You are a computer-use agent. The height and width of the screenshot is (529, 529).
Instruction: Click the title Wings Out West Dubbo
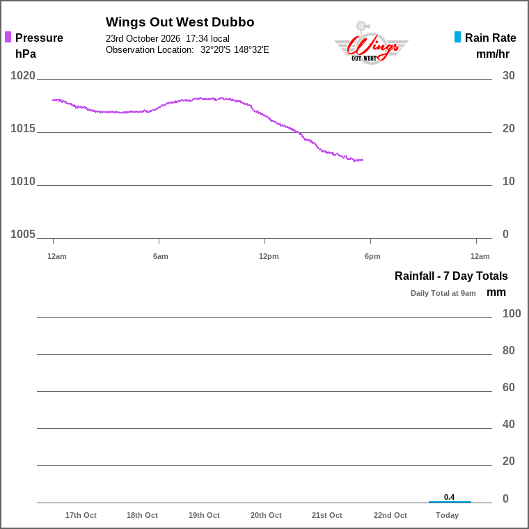pyautogui.click(x=180, y=22)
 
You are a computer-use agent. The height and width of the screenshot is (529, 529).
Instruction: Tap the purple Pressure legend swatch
pyautogui.click(x=8, y=37)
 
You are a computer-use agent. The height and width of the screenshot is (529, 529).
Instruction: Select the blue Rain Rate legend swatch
pyautogui.click(x=457, y=37)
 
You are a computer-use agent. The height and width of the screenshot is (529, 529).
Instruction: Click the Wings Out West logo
pyautogui.click(x=371, y=43)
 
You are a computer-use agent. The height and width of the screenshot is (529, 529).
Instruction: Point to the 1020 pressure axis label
pyautogui.click(x=22, y=76)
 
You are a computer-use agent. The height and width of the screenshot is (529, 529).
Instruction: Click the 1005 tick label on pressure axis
pyautogui.click(x=22, y=234)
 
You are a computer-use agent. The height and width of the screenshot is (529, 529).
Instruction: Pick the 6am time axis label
pyautogui.click(x=160, y=256)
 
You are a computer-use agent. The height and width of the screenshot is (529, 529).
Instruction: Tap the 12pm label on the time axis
pyautogui.click(x=269, y=256)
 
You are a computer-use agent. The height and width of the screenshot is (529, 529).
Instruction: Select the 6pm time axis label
pyautogui.click(x=372, y=256)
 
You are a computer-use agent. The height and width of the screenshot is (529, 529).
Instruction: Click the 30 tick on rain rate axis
pyautogui.click(x=508, y=76)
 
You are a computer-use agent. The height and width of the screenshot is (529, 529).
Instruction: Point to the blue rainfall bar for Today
pyautogui.click(x=450, y=502)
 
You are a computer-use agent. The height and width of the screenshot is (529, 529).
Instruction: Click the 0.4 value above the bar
pyautogui.click(x=449, y=497)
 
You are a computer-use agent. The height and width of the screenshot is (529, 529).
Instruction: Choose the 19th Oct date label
pyautogui.click(x=204, y=515)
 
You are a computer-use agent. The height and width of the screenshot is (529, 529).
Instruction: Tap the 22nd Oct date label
pyautogui.click(x=390, y=515)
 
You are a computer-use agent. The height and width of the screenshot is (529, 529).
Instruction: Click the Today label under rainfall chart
pyautogui.click(x=447, y=515)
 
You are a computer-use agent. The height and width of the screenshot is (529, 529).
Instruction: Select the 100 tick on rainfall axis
pyautogui.click(x=512, y=313)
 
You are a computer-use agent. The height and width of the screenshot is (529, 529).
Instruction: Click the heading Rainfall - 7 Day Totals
pyautogui.click(x=451, y=276)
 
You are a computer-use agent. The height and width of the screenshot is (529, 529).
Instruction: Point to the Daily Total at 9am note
pyautogui.click(x=443, y=293)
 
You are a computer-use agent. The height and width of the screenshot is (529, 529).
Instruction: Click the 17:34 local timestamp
pyautogui.click(x=207, y=38)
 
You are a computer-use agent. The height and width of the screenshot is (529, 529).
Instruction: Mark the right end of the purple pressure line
pyautogui.click(x=363, y=160)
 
